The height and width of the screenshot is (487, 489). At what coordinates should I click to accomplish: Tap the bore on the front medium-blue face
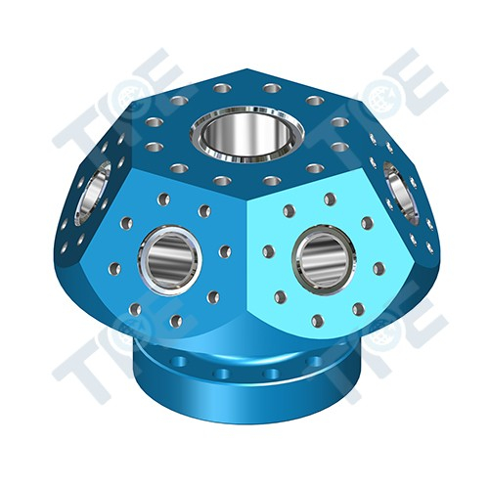pos(169,257)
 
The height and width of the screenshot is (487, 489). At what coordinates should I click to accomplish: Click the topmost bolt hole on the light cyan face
pos(330,199)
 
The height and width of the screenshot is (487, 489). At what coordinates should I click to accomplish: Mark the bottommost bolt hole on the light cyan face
pos(316,319)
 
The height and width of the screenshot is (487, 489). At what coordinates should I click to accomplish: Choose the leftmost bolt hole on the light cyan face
pos(268,251)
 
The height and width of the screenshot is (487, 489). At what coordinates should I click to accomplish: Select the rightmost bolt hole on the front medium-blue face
pos(225,251)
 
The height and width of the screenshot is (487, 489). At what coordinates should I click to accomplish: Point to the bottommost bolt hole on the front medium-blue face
pos(176,320)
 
